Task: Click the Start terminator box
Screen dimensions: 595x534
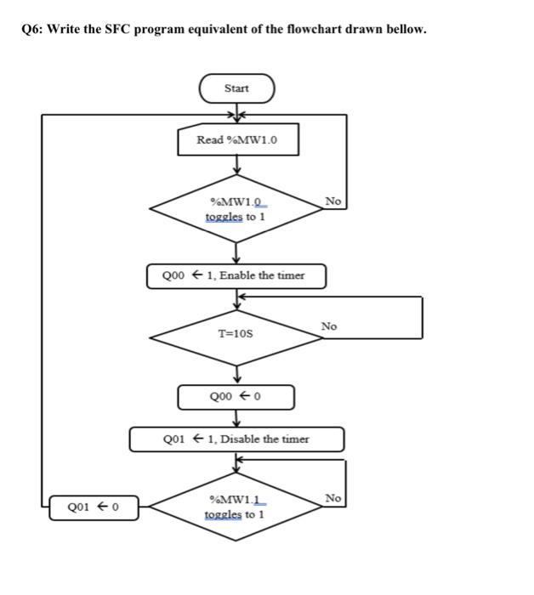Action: [x=236, y=88]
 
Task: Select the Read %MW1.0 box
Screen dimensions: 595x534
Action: [x=237, y=140]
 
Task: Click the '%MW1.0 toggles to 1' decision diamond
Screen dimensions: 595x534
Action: [x=236, y=209]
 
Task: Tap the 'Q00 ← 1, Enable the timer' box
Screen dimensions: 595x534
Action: [x=236, y=275]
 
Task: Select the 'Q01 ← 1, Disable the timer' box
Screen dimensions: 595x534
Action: [x=236, y=439]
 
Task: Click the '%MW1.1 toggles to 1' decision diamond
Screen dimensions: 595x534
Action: [x=236, y=507]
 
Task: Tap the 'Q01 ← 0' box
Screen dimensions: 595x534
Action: [x=94, y=508]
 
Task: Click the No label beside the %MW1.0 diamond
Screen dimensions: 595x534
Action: [x=333, y=201]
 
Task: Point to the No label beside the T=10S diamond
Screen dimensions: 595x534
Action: [x=329, y=326]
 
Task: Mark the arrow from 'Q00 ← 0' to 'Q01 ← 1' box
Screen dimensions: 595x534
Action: [x=236, y=418]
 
